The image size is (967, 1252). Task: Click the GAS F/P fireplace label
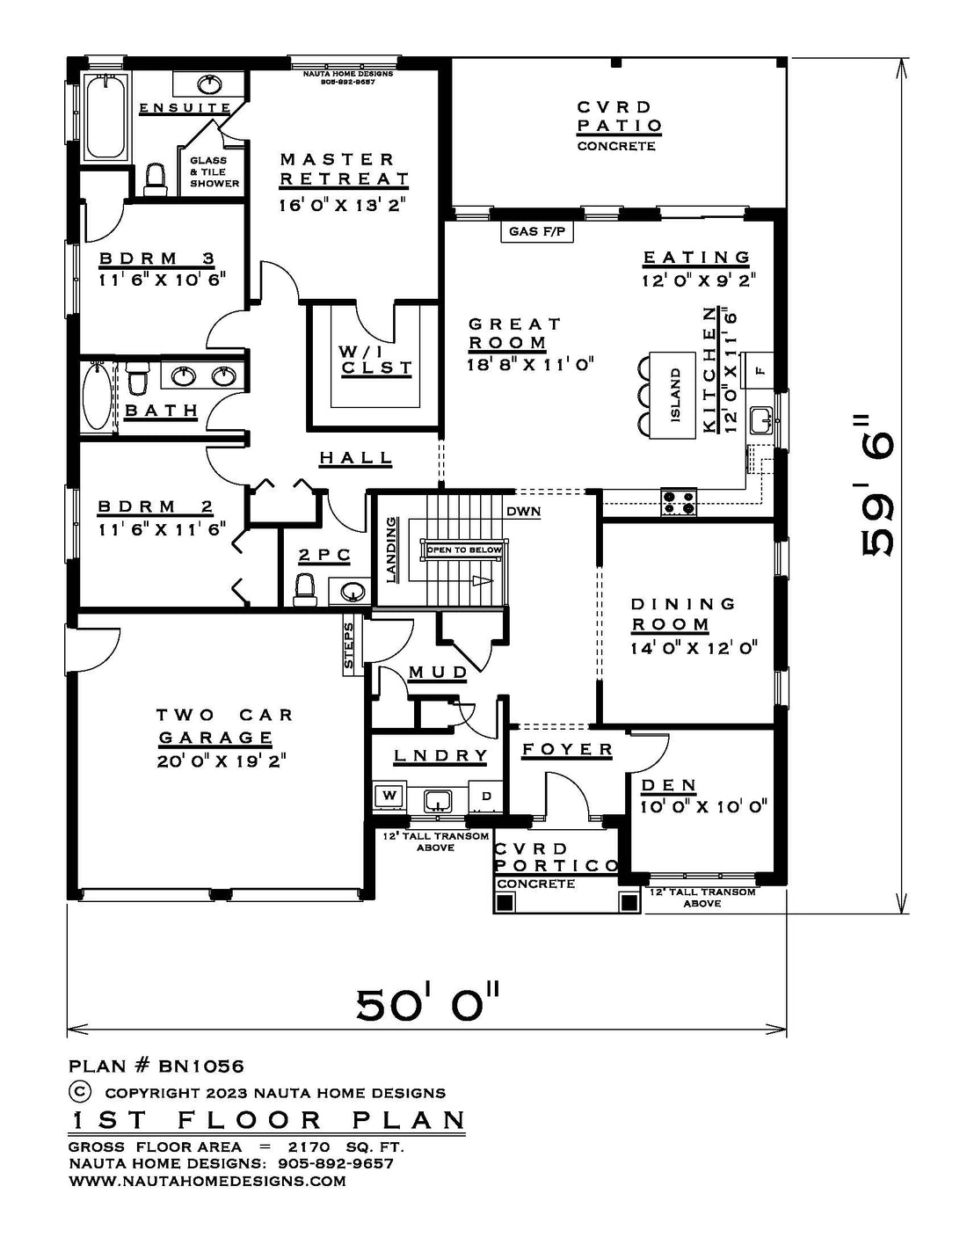point(537,231)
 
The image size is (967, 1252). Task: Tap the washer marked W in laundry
point(389,796)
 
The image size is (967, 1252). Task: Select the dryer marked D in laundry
point(487,796)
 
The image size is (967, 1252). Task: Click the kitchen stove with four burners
point(679,501)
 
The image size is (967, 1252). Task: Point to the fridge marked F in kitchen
point(758,370)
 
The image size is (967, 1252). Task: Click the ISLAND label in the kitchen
point(675,395)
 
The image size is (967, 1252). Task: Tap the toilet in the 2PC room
point(305,592)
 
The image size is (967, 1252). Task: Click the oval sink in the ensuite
point(208,84)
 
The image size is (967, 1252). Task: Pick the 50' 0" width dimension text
point(426,1004)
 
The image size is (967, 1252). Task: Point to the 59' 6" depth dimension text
point(877,485)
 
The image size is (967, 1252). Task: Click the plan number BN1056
point(200,1066)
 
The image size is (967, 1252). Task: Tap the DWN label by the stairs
point(523,511)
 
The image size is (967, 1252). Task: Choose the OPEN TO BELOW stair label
point(464,550)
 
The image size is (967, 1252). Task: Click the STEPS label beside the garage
point(349,645)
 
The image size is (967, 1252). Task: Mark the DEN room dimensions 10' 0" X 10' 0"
point(703,806)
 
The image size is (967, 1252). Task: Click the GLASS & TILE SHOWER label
point(214,171)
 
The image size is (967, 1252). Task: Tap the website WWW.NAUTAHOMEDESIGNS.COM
point(207,1181)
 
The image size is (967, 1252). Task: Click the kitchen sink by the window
point(761,420)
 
